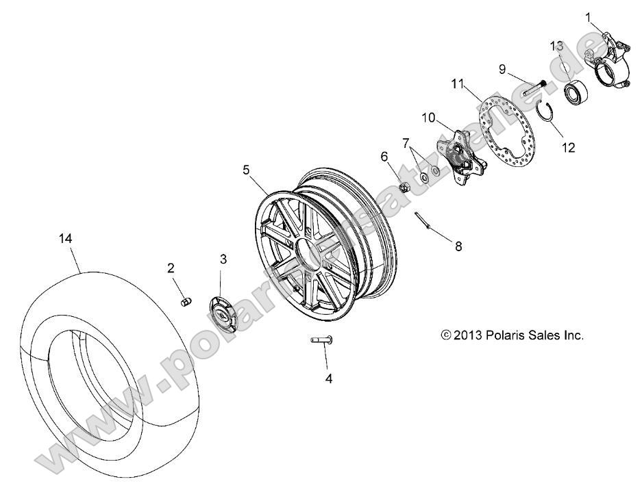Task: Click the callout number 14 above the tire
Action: (65, 238)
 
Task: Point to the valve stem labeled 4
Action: (320, 340)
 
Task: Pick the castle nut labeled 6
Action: (405, 185)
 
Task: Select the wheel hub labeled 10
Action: (459, 154)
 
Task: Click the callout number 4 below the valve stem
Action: (329, 378)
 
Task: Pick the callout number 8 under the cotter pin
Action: (458, 246)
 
